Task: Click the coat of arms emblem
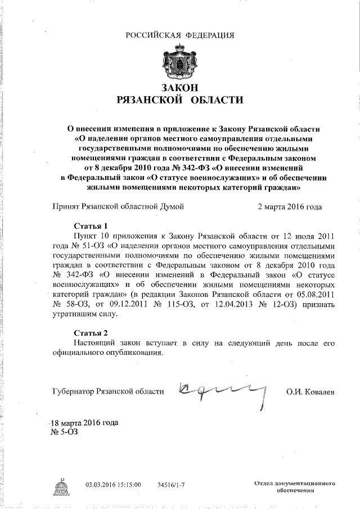(x=180, y=62)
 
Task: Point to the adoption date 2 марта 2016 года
(x=289, y=206)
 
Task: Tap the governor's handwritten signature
(x=222, y=389)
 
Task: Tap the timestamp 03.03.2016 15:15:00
(x=113, y=484)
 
